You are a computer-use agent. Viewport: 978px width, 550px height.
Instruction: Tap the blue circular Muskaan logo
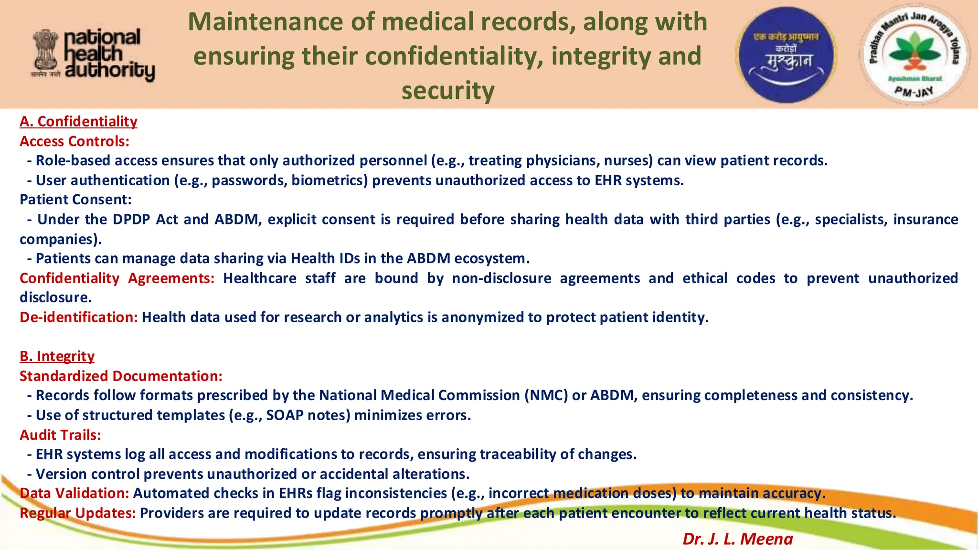pos(786,55)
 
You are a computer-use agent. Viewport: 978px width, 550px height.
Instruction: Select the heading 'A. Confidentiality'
pos(78,121)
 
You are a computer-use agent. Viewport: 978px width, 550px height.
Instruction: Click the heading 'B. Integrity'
pos(57,356)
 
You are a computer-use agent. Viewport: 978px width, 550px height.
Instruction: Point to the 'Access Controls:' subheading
pos(74,141)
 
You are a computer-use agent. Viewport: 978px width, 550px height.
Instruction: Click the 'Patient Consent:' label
pos(75,200)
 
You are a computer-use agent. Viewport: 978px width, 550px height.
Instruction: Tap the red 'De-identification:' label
pos(79,317)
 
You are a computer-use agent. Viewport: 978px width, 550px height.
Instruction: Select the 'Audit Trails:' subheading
pos(60,435)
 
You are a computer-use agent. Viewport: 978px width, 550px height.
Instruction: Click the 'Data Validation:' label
pos(74,493)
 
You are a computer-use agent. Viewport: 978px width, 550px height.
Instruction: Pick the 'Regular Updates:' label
pos(78,513)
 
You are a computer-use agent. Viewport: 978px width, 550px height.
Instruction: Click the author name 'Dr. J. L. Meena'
pos(737,539)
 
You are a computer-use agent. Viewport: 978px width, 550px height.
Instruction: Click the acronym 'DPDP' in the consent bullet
pos(131,220)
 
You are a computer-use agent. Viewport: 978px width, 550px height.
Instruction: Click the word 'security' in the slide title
pos(447,91)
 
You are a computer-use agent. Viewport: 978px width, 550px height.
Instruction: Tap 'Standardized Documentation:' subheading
pos(121,376)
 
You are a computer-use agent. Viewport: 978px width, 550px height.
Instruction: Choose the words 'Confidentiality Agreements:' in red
pos(117,278)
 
